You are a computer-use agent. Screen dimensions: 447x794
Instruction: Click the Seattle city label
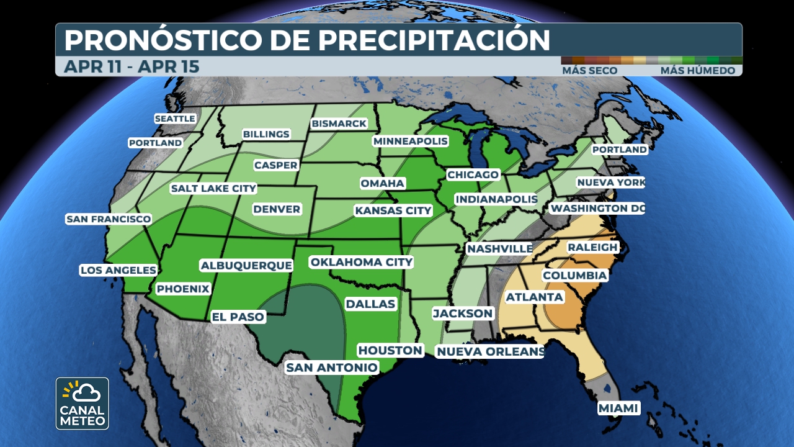[x=175, y=119]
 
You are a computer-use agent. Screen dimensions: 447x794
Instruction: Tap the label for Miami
[x=618, y=408]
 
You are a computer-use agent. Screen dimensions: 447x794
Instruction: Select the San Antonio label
[x=331, y=368]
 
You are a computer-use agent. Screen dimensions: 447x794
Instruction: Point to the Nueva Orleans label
[x=490, y=352]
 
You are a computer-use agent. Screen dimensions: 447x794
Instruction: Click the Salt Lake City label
[x=213, y=188]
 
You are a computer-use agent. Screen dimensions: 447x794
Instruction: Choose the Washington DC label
[x=597, y=209]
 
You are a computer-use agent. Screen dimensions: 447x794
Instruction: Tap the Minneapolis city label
[x=410, y=141]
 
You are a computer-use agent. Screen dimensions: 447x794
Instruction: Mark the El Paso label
[x=238, y=317]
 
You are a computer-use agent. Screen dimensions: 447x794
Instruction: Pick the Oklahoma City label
[x=361, y=262]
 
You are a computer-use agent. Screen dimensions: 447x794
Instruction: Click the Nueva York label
[x=610, y=183]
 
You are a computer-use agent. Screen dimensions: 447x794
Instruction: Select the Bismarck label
[x=339, y=124]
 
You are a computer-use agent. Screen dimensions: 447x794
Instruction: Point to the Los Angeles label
[x=118, y=270]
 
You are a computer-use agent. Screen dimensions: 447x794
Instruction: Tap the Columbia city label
[x=574, y=275]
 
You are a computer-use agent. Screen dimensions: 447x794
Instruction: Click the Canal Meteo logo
[x=83, y=404]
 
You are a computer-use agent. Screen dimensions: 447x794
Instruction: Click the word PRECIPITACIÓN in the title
[x=434, y=40]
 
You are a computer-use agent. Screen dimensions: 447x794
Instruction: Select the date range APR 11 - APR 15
[x=132, y=66]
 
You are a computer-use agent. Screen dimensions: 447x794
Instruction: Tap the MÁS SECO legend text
[x=589, y=71]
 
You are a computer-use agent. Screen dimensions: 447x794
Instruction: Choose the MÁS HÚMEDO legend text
[x=697, y=71]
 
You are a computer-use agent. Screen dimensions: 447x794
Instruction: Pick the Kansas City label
[x=393, y=210]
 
